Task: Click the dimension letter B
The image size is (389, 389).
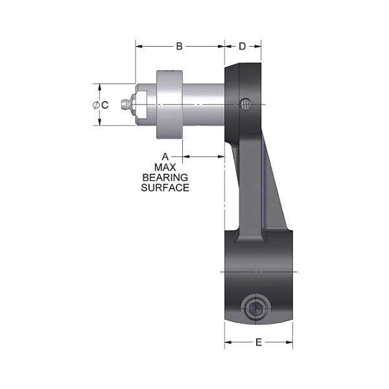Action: click(180, 46)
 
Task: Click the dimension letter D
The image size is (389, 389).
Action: click(242, 46)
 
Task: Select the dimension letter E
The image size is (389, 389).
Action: click(258, 343)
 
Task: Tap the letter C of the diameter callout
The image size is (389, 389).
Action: click(105, 104)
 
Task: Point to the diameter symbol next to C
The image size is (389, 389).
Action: click(96, 104)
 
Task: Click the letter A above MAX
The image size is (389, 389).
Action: click(165, 156)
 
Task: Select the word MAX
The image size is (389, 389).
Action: click(165, 167)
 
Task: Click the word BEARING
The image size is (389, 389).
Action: click(165, 177)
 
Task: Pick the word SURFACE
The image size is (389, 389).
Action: click(165, 187)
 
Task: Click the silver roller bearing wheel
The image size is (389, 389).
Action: click(169, 104)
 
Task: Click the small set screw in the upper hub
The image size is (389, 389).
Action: click(244, 104)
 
